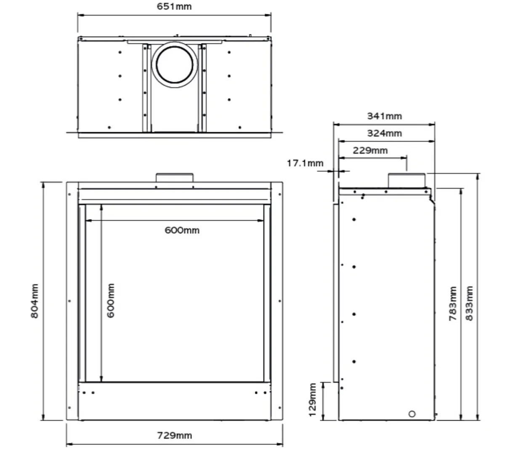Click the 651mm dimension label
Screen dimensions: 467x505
[x=174, y=6]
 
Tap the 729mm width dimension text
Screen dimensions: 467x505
[x=174, y=435]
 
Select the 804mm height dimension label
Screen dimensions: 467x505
[x=35, y=301]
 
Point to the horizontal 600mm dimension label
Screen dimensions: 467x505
[x=182, y=230]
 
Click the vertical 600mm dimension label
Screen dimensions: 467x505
[x=111, y=300]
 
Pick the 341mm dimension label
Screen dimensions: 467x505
[x=384, y=116]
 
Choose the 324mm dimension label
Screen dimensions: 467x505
[x=384, y=133]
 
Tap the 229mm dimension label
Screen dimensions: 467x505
[x=370, y=150]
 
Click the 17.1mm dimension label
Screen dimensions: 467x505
[x=305, y=163]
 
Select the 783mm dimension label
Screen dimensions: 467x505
[x=452, y=304]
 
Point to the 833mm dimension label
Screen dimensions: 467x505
[x=469, y=304]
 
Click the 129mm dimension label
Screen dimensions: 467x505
[x=312, y=400]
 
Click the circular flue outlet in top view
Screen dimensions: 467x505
[x=174, y=64]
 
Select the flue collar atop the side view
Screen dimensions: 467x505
[x=406, y=180]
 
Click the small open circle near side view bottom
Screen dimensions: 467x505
[x=412, y=414]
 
